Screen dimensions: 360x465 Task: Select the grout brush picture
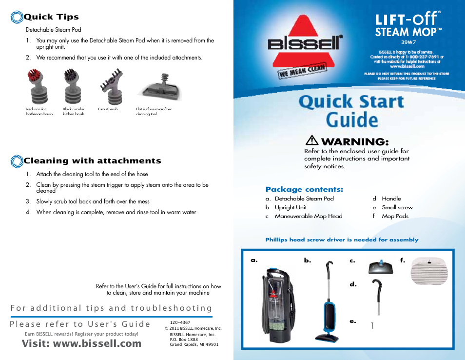click(x=109, y=86)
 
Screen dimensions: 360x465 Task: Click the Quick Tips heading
click(x=51, y=17)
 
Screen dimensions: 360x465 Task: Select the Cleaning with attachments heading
click(x=92, y=160)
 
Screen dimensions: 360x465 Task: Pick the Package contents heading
click(x=304, y=189)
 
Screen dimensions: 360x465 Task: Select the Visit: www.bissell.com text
click(x=81, y=343)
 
